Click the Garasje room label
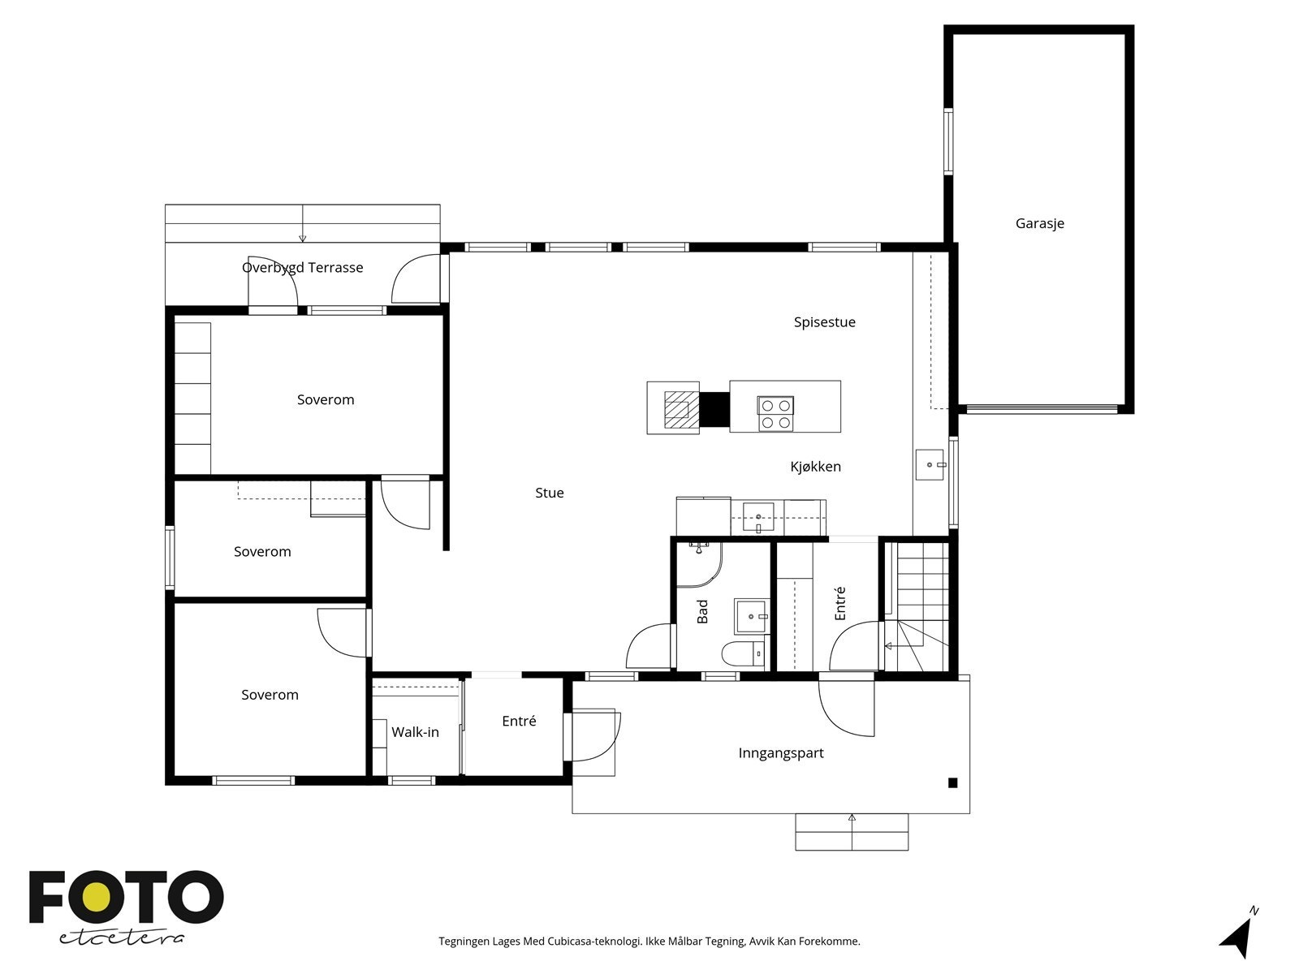1039,223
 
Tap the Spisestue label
824,322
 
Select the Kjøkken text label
815,467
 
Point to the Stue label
549,493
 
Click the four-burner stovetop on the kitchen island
775,414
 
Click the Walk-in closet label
415,732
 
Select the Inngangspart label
780,753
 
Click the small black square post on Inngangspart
953,783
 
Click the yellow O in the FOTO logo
95,897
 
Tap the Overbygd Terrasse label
302,268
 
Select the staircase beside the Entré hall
917,607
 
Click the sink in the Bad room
752,616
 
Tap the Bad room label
702,611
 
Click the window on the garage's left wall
948,141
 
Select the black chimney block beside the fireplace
714,408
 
